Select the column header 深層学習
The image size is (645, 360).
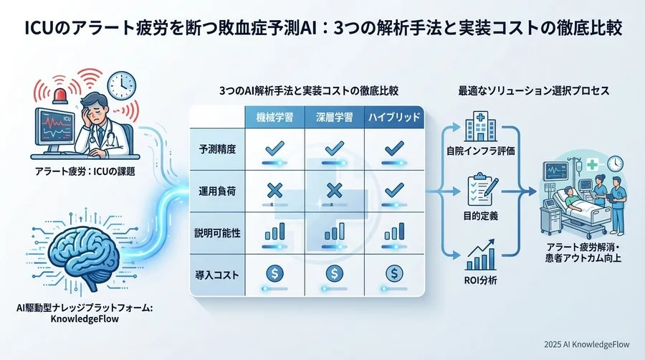(x=331, y=117)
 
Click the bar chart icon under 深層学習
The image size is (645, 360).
(x=333, y=232)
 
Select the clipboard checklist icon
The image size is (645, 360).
(x=479, y=189)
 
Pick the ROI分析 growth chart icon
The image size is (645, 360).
(x=479, y=252)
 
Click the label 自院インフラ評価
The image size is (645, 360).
(x=479, y=151)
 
